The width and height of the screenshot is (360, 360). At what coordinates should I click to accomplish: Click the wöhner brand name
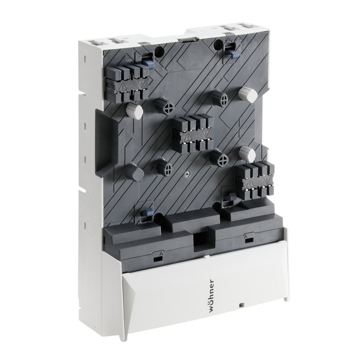point(212,297)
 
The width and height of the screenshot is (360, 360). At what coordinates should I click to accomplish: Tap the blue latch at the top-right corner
point(231,53)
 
